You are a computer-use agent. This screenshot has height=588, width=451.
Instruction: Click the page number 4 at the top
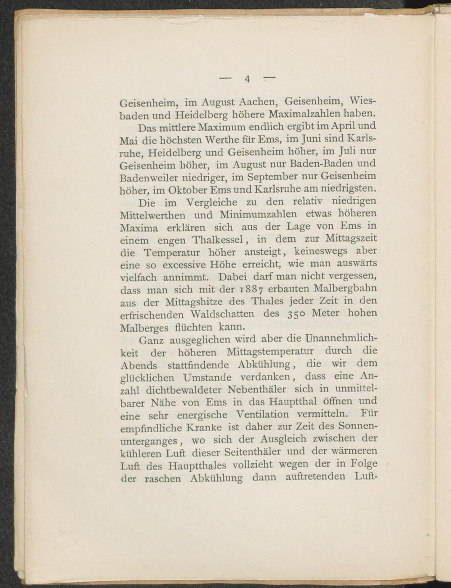tap(248, 79)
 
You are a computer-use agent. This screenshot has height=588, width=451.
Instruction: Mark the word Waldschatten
tap(222, 314)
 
